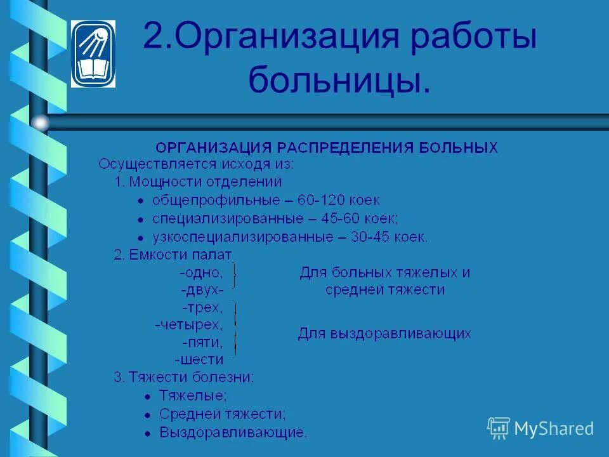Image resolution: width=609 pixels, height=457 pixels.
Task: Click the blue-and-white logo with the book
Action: tap(93, 53)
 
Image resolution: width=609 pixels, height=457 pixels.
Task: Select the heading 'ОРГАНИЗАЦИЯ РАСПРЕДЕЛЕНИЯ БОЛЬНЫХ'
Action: tap(327, 148)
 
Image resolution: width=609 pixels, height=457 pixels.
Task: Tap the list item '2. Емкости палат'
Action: tap(173, 255)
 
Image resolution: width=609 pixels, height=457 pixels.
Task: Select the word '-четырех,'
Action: tap(189, 326)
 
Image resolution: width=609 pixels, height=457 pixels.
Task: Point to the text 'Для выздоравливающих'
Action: tap(384, 334)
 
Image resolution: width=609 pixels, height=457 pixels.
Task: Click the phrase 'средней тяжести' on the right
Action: tap(384, 290)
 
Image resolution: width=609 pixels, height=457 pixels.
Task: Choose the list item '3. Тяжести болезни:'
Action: tap(184, 377)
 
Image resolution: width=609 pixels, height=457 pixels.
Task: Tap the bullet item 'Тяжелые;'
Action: tap(193, 395)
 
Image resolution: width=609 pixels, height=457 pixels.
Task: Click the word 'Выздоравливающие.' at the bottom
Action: tap(233, 433)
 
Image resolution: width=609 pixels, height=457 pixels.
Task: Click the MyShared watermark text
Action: tap(554, 428)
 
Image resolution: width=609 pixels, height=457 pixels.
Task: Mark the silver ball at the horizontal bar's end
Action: tap(41, 122)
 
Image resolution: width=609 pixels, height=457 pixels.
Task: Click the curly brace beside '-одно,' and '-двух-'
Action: tap(235, 277)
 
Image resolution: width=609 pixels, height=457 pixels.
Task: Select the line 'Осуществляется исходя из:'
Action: tap(196, 164)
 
